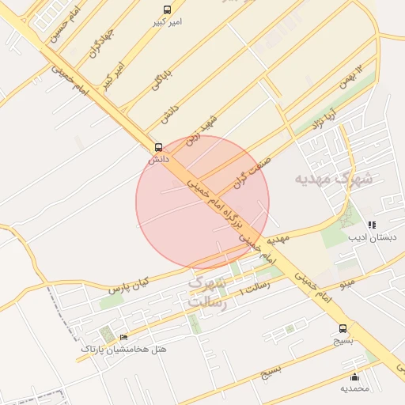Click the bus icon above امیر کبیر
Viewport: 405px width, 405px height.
coord(167,9)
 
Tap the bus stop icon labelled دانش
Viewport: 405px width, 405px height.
coord(159,147)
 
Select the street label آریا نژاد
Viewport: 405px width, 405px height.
coord(324,118)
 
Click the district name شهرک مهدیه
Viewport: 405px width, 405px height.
coord(332,179)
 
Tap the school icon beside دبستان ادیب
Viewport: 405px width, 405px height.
coord(372,225)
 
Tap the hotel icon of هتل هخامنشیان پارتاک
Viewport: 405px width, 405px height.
coord(123,338)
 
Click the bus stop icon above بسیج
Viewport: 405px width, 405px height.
coord(343,328)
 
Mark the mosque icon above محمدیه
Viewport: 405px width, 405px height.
coord(354,377)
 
